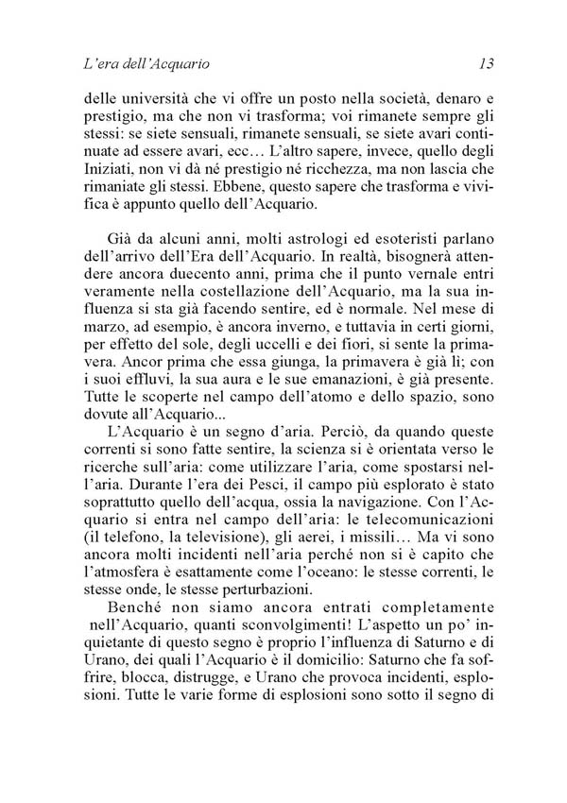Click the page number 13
click(x=486, y=65)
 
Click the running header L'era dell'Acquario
click(x=146, y=65)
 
